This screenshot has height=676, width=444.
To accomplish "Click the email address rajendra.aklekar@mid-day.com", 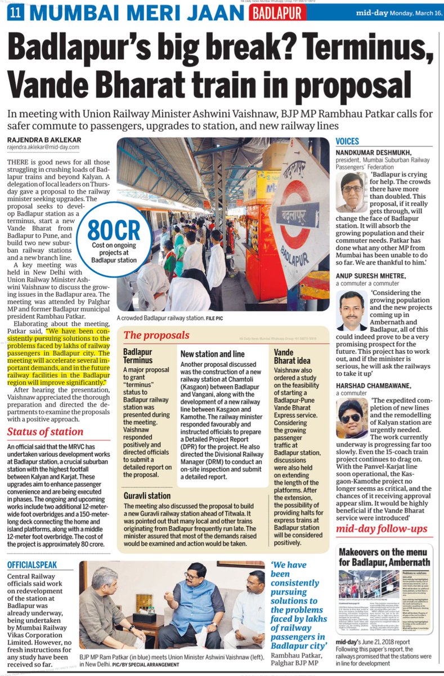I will point(43,148).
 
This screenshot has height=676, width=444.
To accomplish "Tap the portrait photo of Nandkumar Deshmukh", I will point(352,192).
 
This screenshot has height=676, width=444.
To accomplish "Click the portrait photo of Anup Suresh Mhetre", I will point(352,310).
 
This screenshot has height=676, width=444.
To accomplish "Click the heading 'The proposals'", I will point(156,335).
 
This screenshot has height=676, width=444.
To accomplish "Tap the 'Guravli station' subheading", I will point(147,496).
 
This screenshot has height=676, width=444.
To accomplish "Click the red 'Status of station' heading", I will point(45,432).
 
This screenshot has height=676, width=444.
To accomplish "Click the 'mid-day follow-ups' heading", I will point(382,528).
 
